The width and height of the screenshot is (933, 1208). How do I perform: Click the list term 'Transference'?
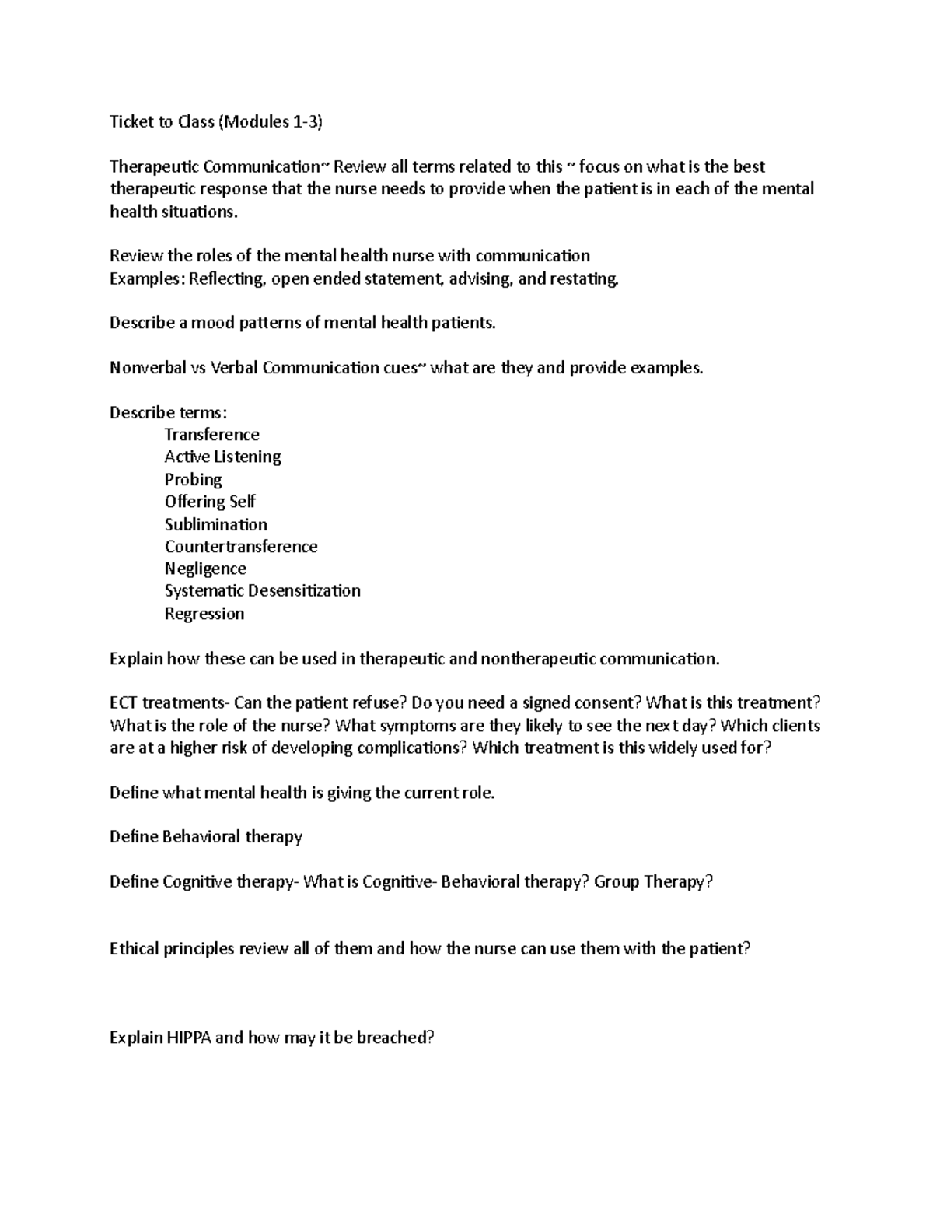(211, 435)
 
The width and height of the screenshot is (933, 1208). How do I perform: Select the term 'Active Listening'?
(222, 457)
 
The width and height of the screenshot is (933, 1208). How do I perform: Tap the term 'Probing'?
(193, 479)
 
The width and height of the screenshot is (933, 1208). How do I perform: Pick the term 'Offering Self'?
(210, 502)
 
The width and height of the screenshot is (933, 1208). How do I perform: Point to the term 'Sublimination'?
(215, 524)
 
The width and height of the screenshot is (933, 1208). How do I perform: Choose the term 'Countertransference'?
(240, 547)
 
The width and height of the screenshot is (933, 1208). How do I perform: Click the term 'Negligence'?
(205, 569)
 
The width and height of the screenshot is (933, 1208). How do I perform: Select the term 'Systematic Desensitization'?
(262, 591)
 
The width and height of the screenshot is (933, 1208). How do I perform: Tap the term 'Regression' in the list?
(204, 614)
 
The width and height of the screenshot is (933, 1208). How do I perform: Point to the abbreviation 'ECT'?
(123, 703)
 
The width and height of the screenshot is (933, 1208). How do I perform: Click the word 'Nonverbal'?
(144, 368)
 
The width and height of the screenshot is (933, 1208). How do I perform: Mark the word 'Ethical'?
(134, 949)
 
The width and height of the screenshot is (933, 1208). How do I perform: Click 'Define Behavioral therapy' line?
(205, 837)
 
